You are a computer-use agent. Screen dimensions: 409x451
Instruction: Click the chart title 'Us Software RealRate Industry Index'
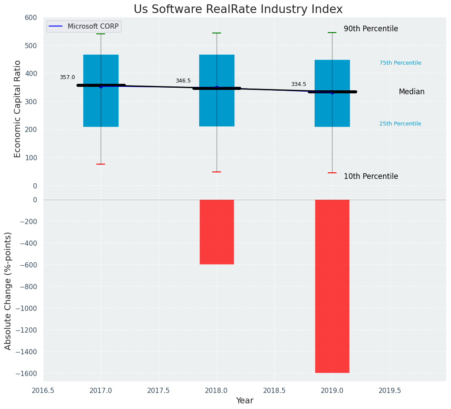pyautogui.click(x=238, y=10)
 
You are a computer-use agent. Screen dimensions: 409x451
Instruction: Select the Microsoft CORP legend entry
pyautogui.click(x=84, y=26)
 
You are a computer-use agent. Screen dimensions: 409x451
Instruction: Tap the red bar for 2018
pyautogui.click(x=217, y=232)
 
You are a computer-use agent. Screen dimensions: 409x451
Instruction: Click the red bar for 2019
pyautogui.click(x=332, y=286)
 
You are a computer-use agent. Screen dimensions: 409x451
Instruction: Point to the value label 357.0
pyautogui.click(x=67, y=77)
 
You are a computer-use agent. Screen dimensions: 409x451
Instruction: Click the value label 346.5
pyautogui.click(x=183, y=81)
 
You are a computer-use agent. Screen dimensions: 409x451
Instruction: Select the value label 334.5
pyautogui.click(x=298, y=84)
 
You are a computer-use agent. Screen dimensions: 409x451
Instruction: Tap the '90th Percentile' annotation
pyautogui.click(x=371, y=29)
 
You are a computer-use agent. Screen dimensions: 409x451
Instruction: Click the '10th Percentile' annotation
pyautogui.click(x=371, y=177)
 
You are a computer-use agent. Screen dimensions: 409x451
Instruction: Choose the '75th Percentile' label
pyautogui.click(x=400, y=63)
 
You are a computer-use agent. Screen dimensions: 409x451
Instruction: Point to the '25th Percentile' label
pyautogui.click(x=400, y=124)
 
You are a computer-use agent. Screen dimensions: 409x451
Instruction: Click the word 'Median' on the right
pyautogui.click(x=411, y=92)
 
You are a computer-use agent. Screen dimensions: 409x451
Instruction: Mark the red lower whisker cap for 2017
pyautogui.click(x=101, y=164)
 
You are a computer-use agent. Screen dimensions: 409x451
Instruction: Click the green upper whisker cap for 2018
pyautogui.click(x=217, y=33)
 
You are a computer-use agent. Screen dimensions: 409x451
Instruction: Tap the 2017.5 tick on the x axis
pyautogui.click(x=158, y=390)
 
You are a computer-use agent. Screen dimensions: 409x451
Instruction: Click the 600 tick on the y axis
pyautogui.click(x=31, y=17)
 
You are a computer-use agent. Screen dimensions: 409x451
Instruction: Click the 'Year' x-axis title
pyautogui.click(x=244, y=401)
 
